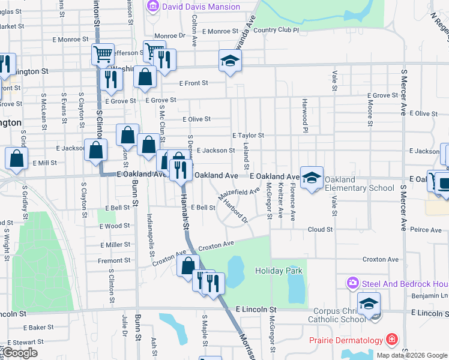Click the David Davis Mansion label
201,7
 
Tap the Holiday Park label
279,271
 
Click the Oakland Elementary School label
359,184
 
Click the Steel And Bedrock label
405,282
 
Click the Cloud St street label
320,229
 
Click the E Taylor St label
248,136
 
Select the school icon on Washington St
230,61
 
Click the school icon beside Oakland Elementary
312,177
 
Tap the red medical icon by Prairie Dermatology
392,340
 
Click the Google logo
20,353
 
